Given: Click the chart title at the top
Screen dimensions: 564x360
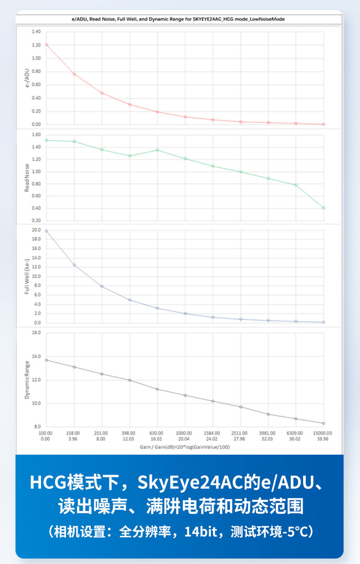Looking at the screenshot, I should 180,20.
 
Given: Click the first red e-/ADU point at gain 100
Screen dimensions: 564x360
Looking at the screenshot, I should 46,45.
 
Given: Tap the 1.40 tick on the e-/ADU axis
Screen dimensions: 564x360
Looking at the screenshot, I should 36,32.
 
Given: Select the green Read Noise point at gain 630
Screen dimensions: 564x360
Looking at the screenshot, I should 157,150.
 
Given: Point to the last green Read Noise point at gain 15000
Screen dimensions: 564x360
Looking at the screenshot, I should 324,208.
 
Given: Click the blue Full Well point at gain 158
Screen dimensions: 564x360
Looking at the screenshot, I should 74,265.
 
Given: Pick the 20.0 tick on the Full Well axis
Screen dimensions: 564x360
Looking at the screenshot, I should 36,230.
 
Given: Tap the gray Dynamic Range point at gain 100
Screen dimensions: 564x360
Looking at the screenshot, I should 46,360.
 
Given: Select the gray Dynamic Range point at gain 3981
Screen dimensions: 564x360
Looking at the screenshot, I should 268,414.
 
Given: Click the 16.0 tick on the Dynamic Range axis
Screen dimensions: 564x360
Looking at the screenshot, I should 36,333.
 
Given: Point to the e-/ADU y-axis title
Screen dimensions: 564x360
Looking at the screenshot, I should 27,77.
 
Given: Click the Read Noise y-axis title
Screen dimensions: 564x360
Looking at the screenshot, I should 27,177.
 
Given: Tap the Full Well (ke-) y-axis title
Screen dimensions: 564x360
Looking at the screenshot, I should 27,277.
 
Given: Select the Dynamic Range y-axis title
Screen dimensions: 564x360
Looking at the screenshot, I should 27,380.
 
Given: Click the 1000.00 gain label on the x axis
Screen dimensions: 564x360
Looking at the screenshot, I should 184,433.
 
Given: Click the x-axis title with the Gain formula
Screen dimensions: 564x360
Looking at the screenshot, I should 185,447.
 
